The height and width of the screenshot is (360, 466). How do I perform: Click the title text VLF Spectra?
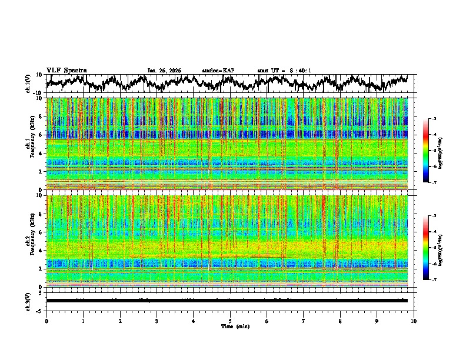pos(66,70)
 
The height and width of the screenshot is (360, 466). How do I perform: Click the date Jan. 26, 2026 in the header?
pos(164,71)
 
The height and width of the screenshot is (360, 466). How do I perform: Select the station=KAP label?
pos(218,71)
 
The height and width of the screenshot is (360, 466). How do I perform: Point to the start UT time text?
pos(284,71)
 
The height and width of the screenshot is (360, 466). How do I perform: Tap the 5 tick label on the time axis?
pos(230,321)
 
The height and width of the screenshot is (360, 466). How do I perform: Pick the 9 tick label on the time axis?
pos(377,321)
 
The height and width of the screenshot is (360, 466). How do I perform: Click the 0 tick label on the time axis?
pos(46,321)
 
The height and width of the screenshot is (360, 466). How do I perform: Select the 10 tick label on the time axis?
pos(414,321)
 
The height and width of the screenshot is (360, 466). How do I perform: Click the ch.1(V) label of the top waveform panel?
pos(28,84)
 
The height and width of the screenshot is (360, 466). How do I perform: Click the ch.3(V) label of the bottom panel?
pos(28,300)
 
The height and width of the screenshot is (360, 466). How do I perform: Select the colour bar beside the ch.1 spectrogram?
pos(432,151)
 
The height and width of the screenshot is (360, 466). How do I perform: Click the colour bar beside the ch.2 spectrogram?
pos(432,248)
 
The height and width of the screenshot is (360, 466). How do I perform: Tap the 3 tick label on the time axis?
pos(157,321)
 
